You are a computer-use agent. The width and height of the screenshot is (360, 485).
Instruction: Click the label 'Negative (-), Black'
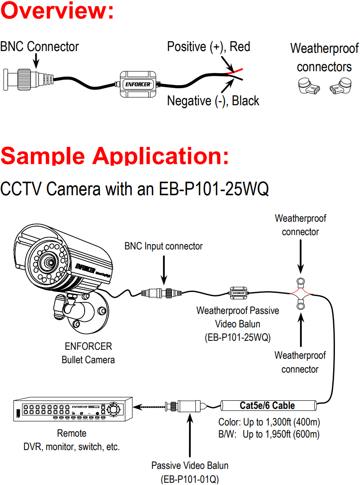(x=213, y=101)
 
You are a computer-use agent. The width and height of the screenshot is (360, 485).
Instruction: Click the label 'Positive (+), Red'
(x=208, y=47)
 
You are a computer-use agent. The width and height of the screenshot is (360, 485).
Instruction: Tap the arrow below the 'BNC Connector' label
(x=37, y=60)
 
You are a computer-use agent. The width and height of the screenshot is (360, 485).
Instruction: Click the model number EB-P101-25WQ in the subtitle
(x=214, y=189)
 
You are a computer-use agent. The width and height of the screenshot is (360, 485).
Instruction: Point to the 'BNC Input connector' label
(x=163, y=246)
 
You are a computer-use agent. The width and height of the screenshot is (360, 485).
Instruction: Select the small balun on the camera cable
(x=238, y=293)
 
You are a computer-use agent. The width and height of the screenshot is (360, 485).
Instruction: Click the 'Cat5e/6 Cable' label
(x=267, y=406)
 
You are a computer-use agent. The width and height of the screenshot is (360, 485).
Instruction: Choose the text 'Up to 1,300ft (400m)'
(x=281, y=422)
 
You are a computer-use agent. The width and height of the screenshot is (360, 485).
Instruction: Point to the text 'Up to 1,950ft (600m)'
(x=281, y=434)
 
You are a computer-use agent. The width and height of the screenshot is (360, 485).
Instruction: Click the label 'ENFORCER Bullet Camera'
(x=88, y=353)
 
